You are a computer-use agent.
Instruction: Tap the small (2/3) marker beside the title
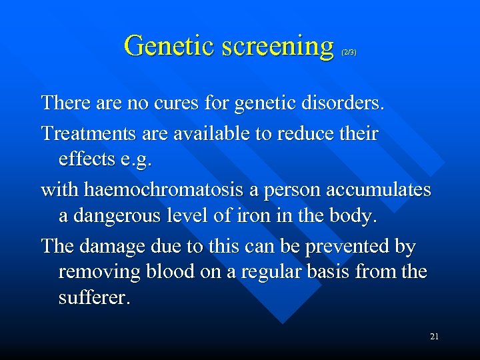[x=349, y=52]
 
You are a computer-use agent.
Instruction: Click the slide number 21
[x=434, y=337]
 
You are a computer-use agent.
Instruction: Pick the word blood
[x=165, y=272]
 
